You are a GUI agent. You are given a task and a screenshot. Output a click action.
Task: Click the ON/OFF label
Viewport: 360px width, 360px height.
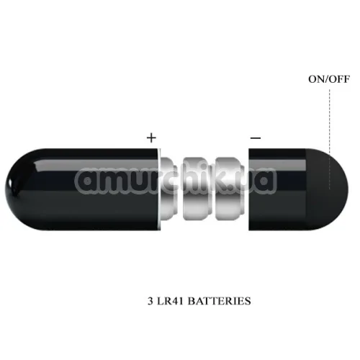pyautogui.click(x=329, y=79)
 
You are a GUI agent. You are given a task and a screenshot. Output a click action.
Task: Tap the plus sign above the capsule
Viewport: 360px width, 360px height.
pyautogui.click(x=151, y=138)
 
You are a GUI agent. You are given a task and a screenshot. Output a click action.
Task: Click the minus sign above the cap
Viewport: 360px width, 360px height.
pyautogui.click(x=256, y=138)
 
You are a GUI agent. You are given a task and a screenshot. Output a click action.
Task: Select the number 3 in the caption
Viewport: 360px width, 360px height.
pyautogui.click(x=150, y=301)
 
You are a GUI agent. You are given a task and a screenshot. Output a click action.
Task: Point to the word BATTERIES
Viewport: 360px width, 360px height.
pyautogui.click(x=219, y=301)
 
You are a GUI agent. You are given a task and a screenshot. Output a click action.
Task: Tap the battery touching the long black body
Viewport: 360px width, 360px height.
pyautogui.click(x=168, y=189)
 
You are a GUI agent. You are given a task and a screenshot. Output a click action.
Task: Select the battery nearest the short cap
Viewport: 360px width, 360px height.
pyautogui.click(x=230, y=189)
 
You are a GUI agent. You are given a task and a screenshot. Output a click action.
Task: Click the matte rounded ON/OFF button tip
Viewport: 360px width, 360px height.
pyautogui.click(x=328, y=189)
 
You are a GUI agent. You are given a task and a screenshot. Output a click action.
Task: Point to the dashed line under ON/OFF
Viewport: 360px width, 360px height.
pyautogui.click(x=330, y=139)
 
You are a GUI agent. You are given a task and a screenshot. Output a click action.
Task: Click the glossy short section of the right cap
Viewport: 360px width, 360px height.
pyautogui.click(x=277, y=189)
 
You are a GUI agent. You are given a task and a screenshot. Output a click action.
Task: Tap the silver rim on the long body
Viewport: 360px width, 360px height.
pyautogui.click(x=159, y=189)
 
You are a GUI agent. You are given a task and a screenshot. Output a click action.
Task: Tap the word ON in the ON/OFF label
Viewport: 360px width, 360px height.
pyautogui.click(x=316, y=79)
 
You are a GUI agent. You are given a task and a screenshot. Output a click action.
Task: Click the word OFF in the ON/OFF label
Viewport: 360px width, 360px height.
pyautogui.click(x=339, y=79)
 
